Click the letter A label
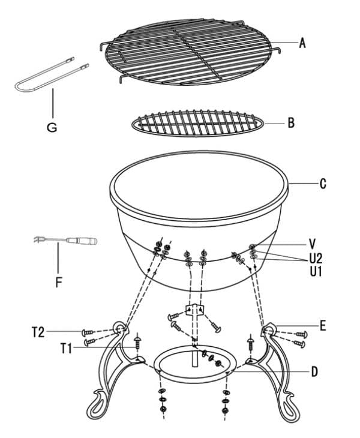pos(302,43)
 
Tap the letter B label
pos(291,123)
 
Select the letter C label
pos(322,184)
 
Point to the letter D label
pos(314,371)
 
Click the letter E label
pos(323,326)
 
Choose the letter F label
pos(58,281)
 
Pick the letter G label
pos(52,128)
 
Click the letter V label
pos(312,244)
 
